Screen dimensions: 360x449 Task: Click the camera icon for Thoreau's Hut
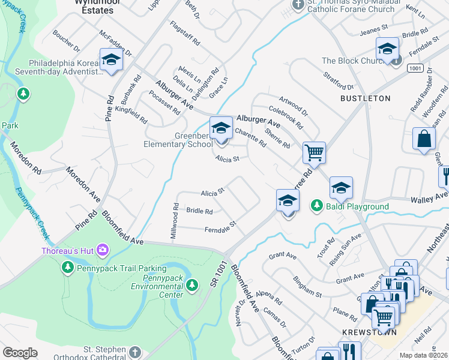pyautogui.click(x=102, y=250)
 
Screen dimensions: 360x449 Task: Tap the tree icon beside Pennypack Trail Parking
pyautogui.click(x=67, y=266)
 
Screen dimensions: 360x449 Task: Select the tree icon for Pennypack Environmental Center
pyautogui.click(x=192, y=285)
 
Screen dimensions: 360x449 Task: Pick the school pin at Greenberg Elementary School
pyautogui.click(x=221, y=129)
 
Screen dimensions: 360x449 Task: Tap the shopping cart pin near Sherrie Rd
pyautogui.click(x=314, y=153)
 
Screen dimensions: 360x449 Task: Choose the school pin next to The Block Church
pyautogui.click(x=387, y=50)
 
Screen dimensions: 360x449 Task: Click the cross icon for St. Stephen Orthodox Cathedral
pyautogui.click(x=135, y=352)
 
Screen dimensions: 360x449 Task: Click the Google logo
pyautogui.click(x=20, y=353)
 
